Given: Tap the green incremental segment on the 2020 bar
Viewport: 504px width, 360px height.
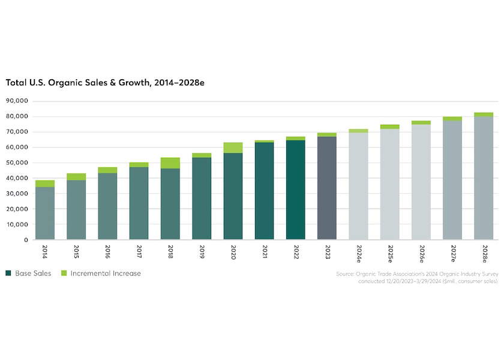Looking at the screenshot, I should coord(233,148).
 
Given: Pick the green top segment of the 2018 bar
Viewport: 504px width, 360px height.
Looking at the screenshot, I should coord(170,163).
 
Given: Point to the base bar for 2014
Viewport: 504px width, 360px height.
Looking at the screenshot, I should coord(45,213).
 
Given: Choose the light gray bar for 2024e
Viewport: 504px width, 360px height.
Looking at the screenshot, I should coord(358,186).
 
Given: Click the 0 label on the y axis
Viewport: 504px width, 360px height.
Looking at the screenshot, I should coord(26,240).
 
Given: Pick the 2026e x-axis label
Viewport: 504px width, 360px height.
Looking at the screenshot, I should coord(421,252).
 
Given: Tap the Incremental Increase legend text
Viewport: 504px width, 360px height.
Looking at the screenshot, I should coord(106,274).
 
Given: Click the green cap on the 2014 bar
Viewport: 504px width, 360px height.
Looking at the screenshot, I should coord(45,184).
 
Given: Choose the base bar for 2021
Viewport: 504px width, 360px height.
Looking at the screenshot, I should coord(265,191).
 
